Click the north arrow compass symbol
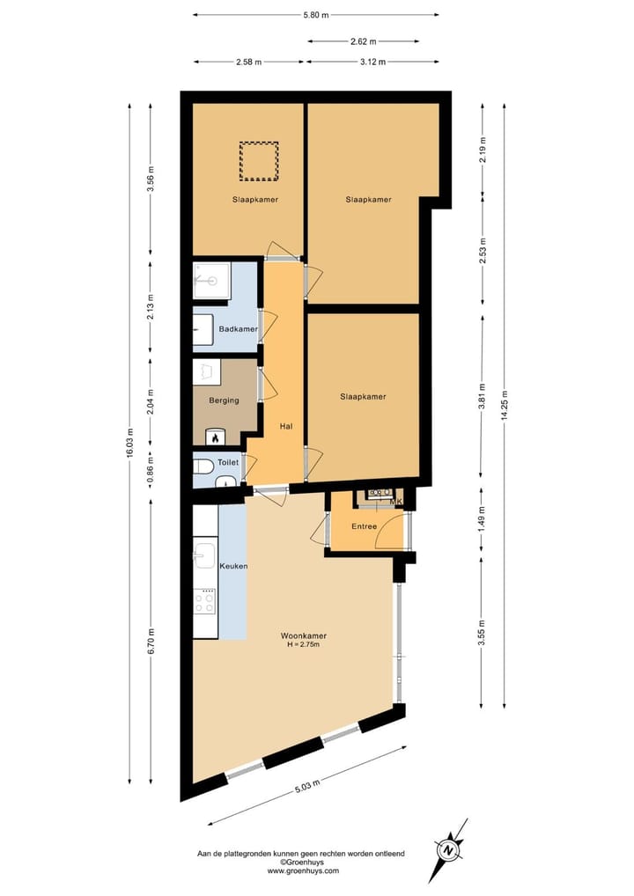(450, 850)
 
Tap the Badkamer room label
(239, 328)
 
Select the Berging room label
(224, 400)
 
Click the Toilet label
(228, 461)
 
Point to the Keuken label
(232, 566)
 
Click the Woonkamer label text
(304, 635)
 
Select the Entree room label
(364, 526)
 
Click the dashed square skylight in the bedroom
(259, 159)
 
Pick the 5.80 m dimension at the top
(315, 15)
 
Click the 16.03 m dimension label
(129, 444)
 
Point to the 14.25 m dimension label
(505, 405)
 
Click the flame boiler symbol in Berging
(214, 436)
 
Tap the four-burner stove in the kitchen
(205, 601)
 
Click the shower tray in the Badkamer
(211, 281)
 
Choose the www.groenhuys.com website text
(303, 871)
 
